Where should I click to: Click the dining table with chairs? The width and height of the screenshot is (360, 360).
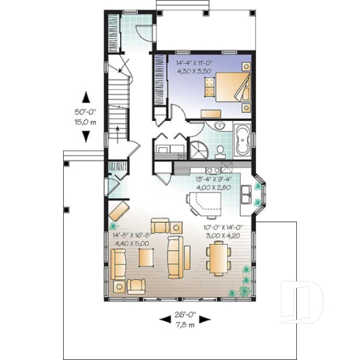(218, 258)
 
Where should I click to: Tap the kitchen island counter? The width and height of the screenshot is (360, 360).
(204, 202)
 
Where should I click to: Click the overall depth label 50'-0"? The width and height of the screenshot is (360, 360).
(86, 114)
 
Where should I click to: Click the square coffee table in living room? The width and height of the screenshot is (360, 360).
(146, 258)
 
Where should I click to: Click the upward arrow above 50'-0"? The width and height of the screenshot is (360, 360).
(86, 96)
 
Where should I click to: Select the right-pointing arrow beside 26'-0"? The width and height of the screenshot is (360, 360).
(205, 319)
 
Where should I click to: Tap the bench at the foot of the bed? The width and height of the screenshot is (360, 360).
(213, 114)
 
